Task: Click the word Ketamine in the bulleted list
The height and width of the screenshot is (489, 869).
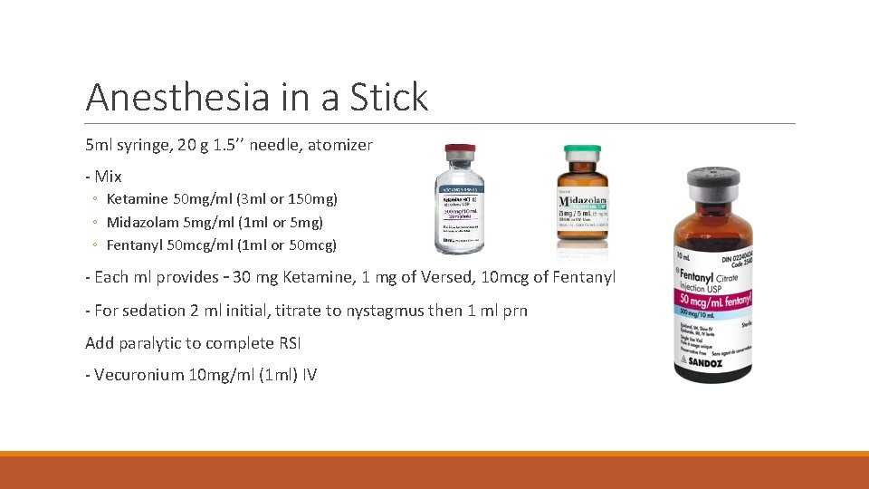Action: (138, 198)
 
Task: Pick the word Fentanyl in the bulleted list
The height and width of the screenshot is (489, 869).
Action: (136, 245)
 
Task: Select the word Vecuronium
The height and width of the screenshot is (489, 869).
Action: (140, 375)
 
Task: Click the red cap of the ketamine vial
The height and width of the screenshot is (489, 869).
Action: (460, 150)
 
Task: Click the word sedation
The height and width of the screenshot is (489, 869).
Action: (153, 311)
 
